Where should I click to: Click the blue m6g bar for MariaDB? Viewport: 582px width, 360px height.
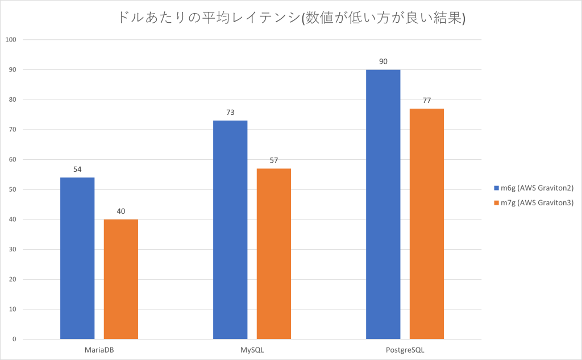pyautogui.click(x=77, y=259)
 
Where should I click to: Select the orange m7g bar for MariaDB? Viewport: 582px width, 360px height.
pyautogui.click(x=120, y=279)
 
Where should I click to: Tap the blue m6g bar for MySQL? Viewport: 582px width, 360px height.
pyautogui.click(x=230, y=230)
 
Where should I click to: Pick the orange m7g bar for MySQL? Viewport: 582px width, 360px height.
pyautogui.click(x=273, y=254)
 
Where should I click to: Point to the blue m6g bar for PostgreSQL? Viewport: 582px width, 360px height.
pyautogui.click(x=383, y=205)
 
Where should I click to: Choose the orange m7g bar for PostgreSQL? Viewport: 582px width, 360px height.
pyautogui.click(x=426, y=224)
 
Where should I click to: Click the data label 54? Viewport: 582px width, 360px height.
pyautogui.click(x=77, y=169)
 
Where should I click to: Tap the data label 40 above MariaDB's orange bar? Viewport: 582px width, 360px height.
pyautogui.click(x=120, y=212)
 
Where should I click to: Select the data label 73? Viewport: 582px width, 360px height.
pyautogui.click(x=230, y=113)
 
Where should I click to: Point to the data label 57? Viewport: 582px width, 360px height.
pyautogui.click(x=273, y=160)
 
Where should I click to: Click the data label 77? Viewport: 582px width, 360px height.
pyautogui.click(x=426, y=100)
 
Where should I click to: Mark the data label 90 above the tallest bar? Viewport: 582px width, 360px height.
pyautogui.click(x=383, y=61)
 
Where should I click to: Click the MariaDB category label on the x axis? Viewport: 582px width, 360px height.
pyautogui.click(x=99, y=349)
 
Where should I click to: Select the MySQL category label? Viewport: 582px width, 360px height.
pyautogui.click(x=252, y=349)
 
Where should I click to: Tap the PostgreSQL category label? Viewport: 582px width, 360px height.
pyautogui.click(x=405, y=349)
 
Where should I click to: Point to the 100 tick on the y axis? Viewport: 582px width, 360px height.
pyautogui.click(x=12, y=40)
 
